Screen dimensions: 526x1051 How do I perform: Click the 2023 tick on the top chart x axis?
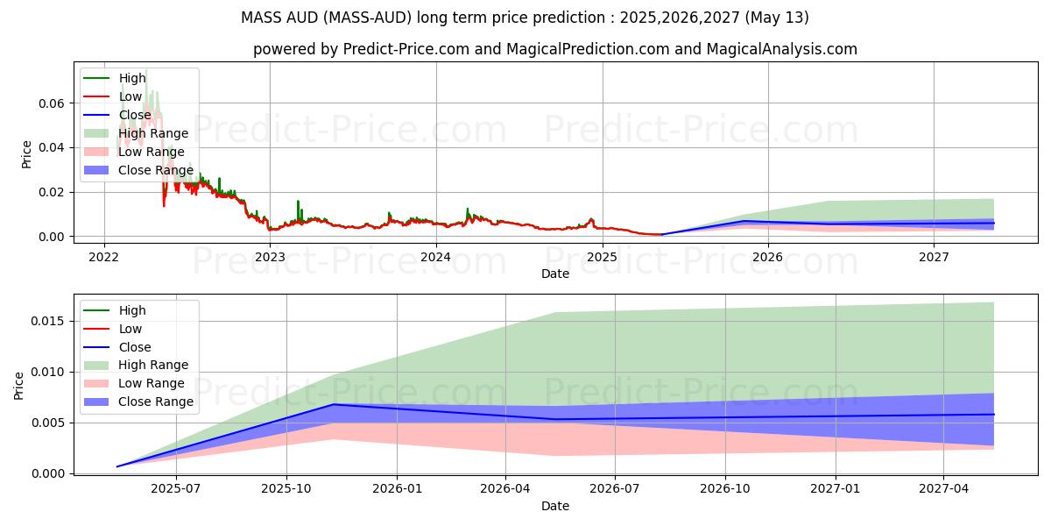(270, 257)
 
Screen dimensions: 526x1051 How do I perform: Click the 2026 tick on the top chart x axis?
(768, 257)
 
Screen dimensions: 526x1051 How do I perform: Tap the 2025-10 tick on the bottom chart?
(286, 489)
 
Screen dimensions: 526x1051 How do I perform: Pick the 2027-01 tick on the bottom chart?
(836, 489)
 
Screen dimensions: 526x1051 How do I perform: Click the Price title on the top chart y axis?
(27, 154)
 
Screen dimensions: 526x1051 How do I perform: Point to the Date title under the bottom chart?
(554, 506)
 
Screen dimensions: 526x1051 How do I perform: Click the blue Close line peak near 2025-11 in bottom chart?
(333, 404)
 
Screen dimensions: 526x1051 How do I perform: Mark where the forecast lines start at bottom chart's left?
(117, 466)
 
